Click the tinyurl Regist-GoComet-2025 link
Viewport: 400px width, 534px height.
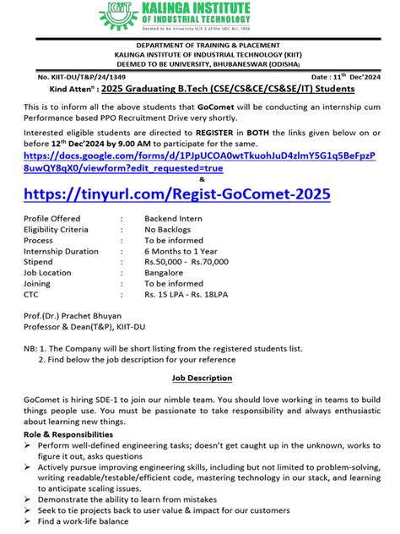click(x=177, y=194)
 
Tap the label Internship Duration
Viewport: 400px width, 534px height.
click(x=61, y=251)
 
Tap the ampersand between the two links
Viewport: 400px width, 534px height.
click(x=201, y=178)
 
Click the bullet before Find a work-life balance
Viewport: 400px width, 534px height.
click(x=29, y=522)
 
